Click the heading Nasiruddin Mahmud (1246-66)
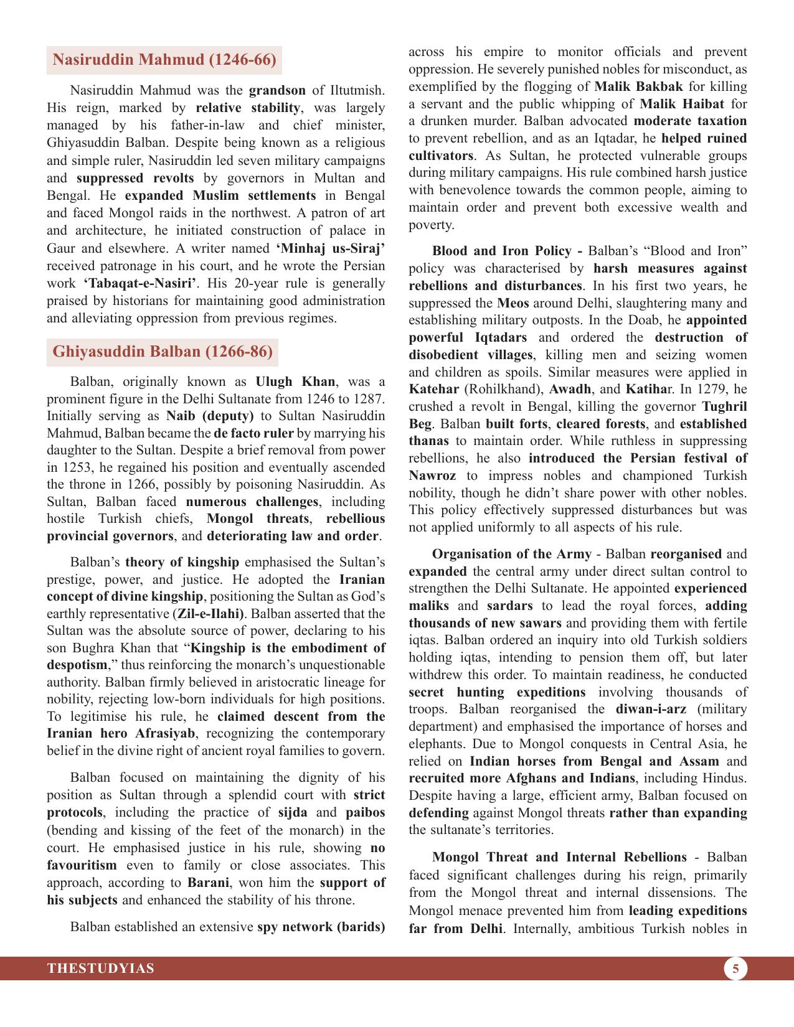click(164, 60)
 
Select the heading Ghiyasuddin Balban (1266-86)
click(162, 351)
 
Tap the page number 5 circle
click(735, 968)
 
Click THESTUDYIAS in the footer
click(101, 968)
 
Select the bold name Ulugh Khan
click(295, 381)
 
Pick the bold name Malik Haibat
click(681, 104)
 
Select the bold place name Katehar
click(433, 389)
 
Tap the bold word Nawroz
click(432, 476)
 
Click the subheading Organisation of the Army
click(511, 554)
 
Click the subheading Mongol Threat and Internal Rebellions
click(559, 857)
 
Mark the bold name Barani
click(209, 883)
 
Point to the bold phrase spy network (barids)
click(321, 927)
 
